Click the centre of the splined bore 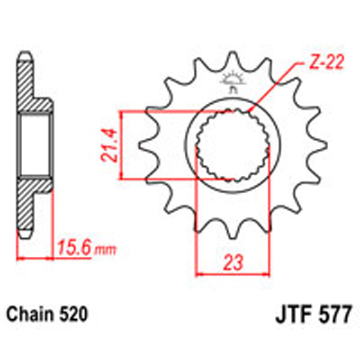tap(233, 146)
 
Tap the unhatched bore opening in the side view tap(34, 146)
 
